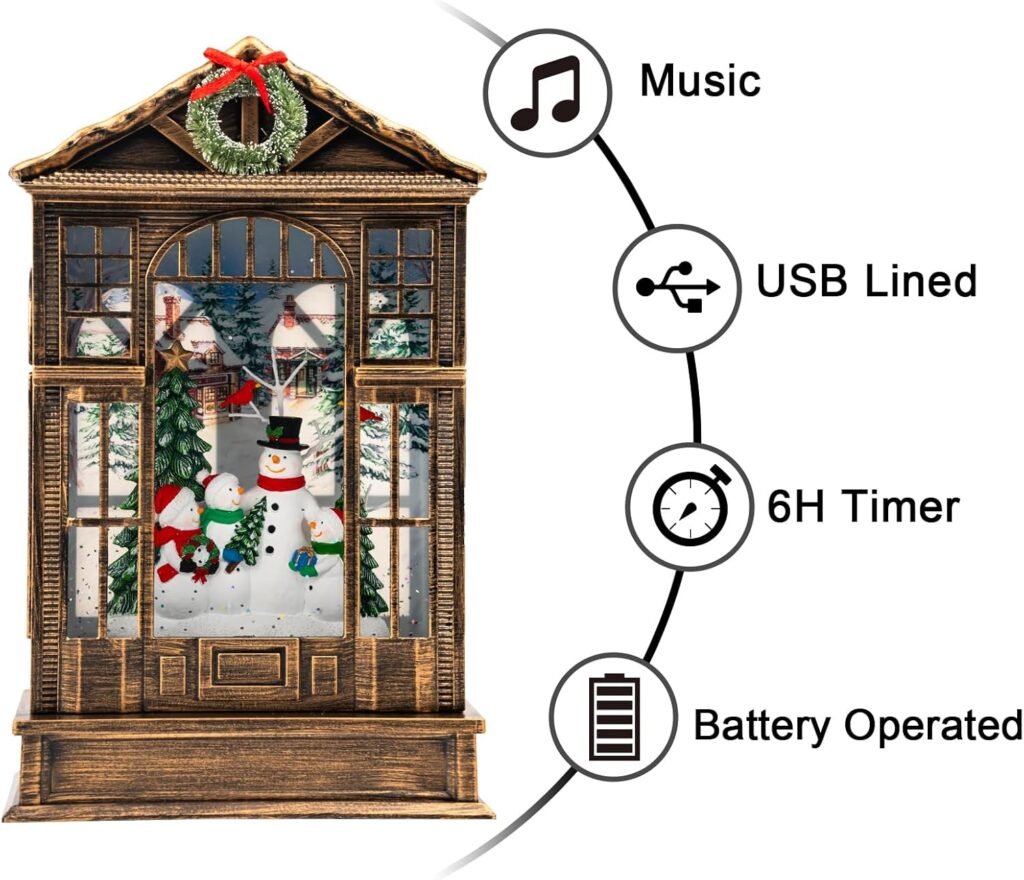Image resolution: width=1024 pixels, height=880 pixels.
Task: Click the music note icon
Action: pos(545,93)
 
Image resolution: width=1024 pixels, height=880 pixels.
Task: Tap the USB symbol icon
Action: pos(677,286)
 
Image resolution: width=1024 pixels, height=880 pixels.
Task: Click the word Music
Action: pos(700,80)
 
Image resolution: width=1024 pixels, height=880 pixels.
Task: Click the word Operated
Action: pos(933,725)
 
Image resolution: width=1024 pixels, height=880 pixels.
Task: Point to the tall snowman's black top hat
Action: pos(283,433)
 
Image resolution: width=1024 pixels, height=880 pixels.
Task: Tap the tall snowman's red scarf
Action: pos(281,483)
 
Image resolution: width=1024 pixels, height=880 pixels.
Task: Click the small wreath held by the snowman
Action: pos(200,554)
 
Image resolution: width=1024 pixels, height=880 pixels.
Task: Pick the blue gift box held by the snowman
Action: pos(304,561)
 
